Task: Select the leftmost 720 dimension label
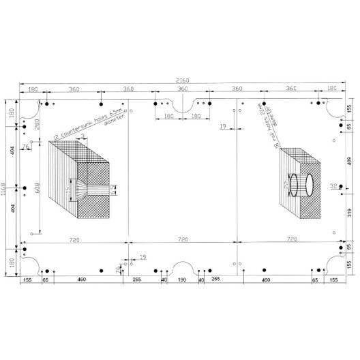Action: pyautogui.click(x=75, y=240)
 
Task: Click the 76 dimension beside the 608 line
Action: pyautogui.click(x=26, y=146)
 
